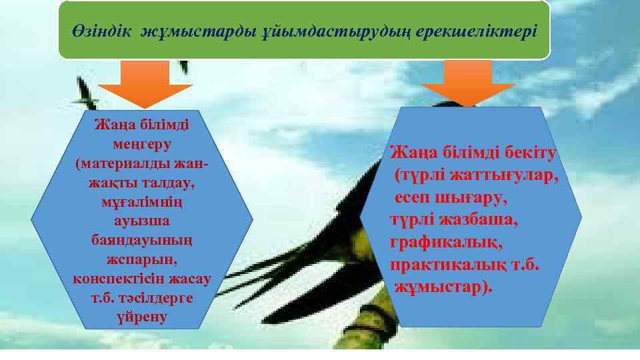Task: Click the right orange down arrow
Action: tap(467, 83)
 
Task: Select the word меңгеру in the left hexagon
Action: tap(142, 143)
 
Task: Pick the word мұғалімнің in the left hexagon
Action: tap(142, 201)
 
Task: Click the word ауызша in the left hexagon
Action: tap(142, 220)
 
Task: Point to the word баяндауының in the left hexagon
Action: tap(142, 239)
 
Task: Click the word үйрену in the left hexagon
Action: tap(142, 317)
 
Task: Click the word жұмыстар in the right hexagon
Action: tap(437, 287)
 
